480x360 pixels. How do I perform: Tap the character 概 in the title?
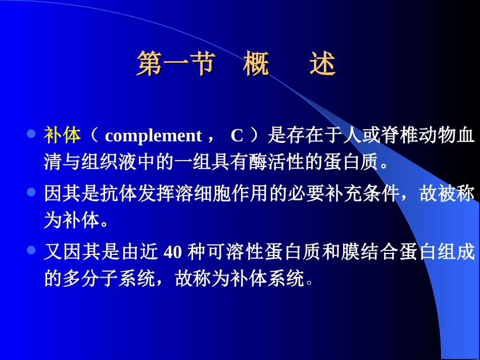tap(256, 64)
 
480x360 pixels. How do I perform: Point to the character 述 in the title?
tap(323, 64)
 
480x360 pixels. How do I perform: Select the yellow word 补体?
tap(63, 135)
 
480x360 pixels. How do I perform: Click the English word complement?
tap(153, 136)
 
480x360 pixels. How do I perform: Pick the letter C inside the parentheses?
tap(237, 136)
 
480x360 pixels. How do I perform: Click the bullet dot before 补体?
tap(31, 134)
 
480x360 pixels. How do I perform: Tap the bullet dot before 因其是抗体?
tap(31, 192)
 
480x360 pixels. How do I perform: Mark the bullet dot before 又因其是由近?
tap(31, 250)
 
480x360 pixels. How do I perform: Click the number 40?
tap(173, 252)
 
